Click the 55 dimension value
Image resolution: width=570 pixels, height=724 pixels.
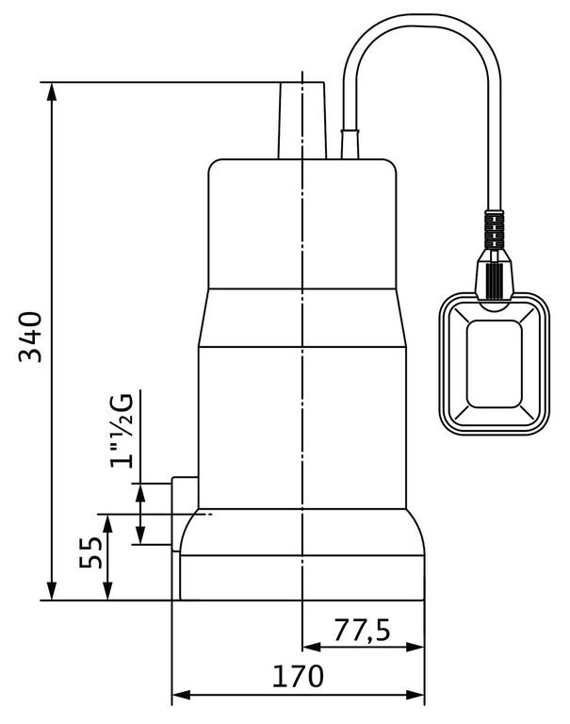91,557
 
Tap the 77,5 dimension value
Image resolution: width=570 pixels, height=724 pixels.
363,629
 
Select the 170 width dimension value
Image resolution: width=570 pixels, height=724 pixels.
297,676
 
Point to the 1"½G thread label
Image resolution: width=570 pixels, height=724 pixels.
122,429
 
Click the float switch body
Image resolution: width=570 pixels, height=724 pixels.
490,368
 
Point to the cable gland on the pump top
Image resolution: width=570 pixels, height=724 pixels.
350,144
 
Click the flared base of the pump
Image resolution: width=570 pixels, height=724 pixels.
301,556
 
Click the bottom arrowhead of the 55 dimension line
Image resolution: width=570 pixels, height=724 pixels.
109,594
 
